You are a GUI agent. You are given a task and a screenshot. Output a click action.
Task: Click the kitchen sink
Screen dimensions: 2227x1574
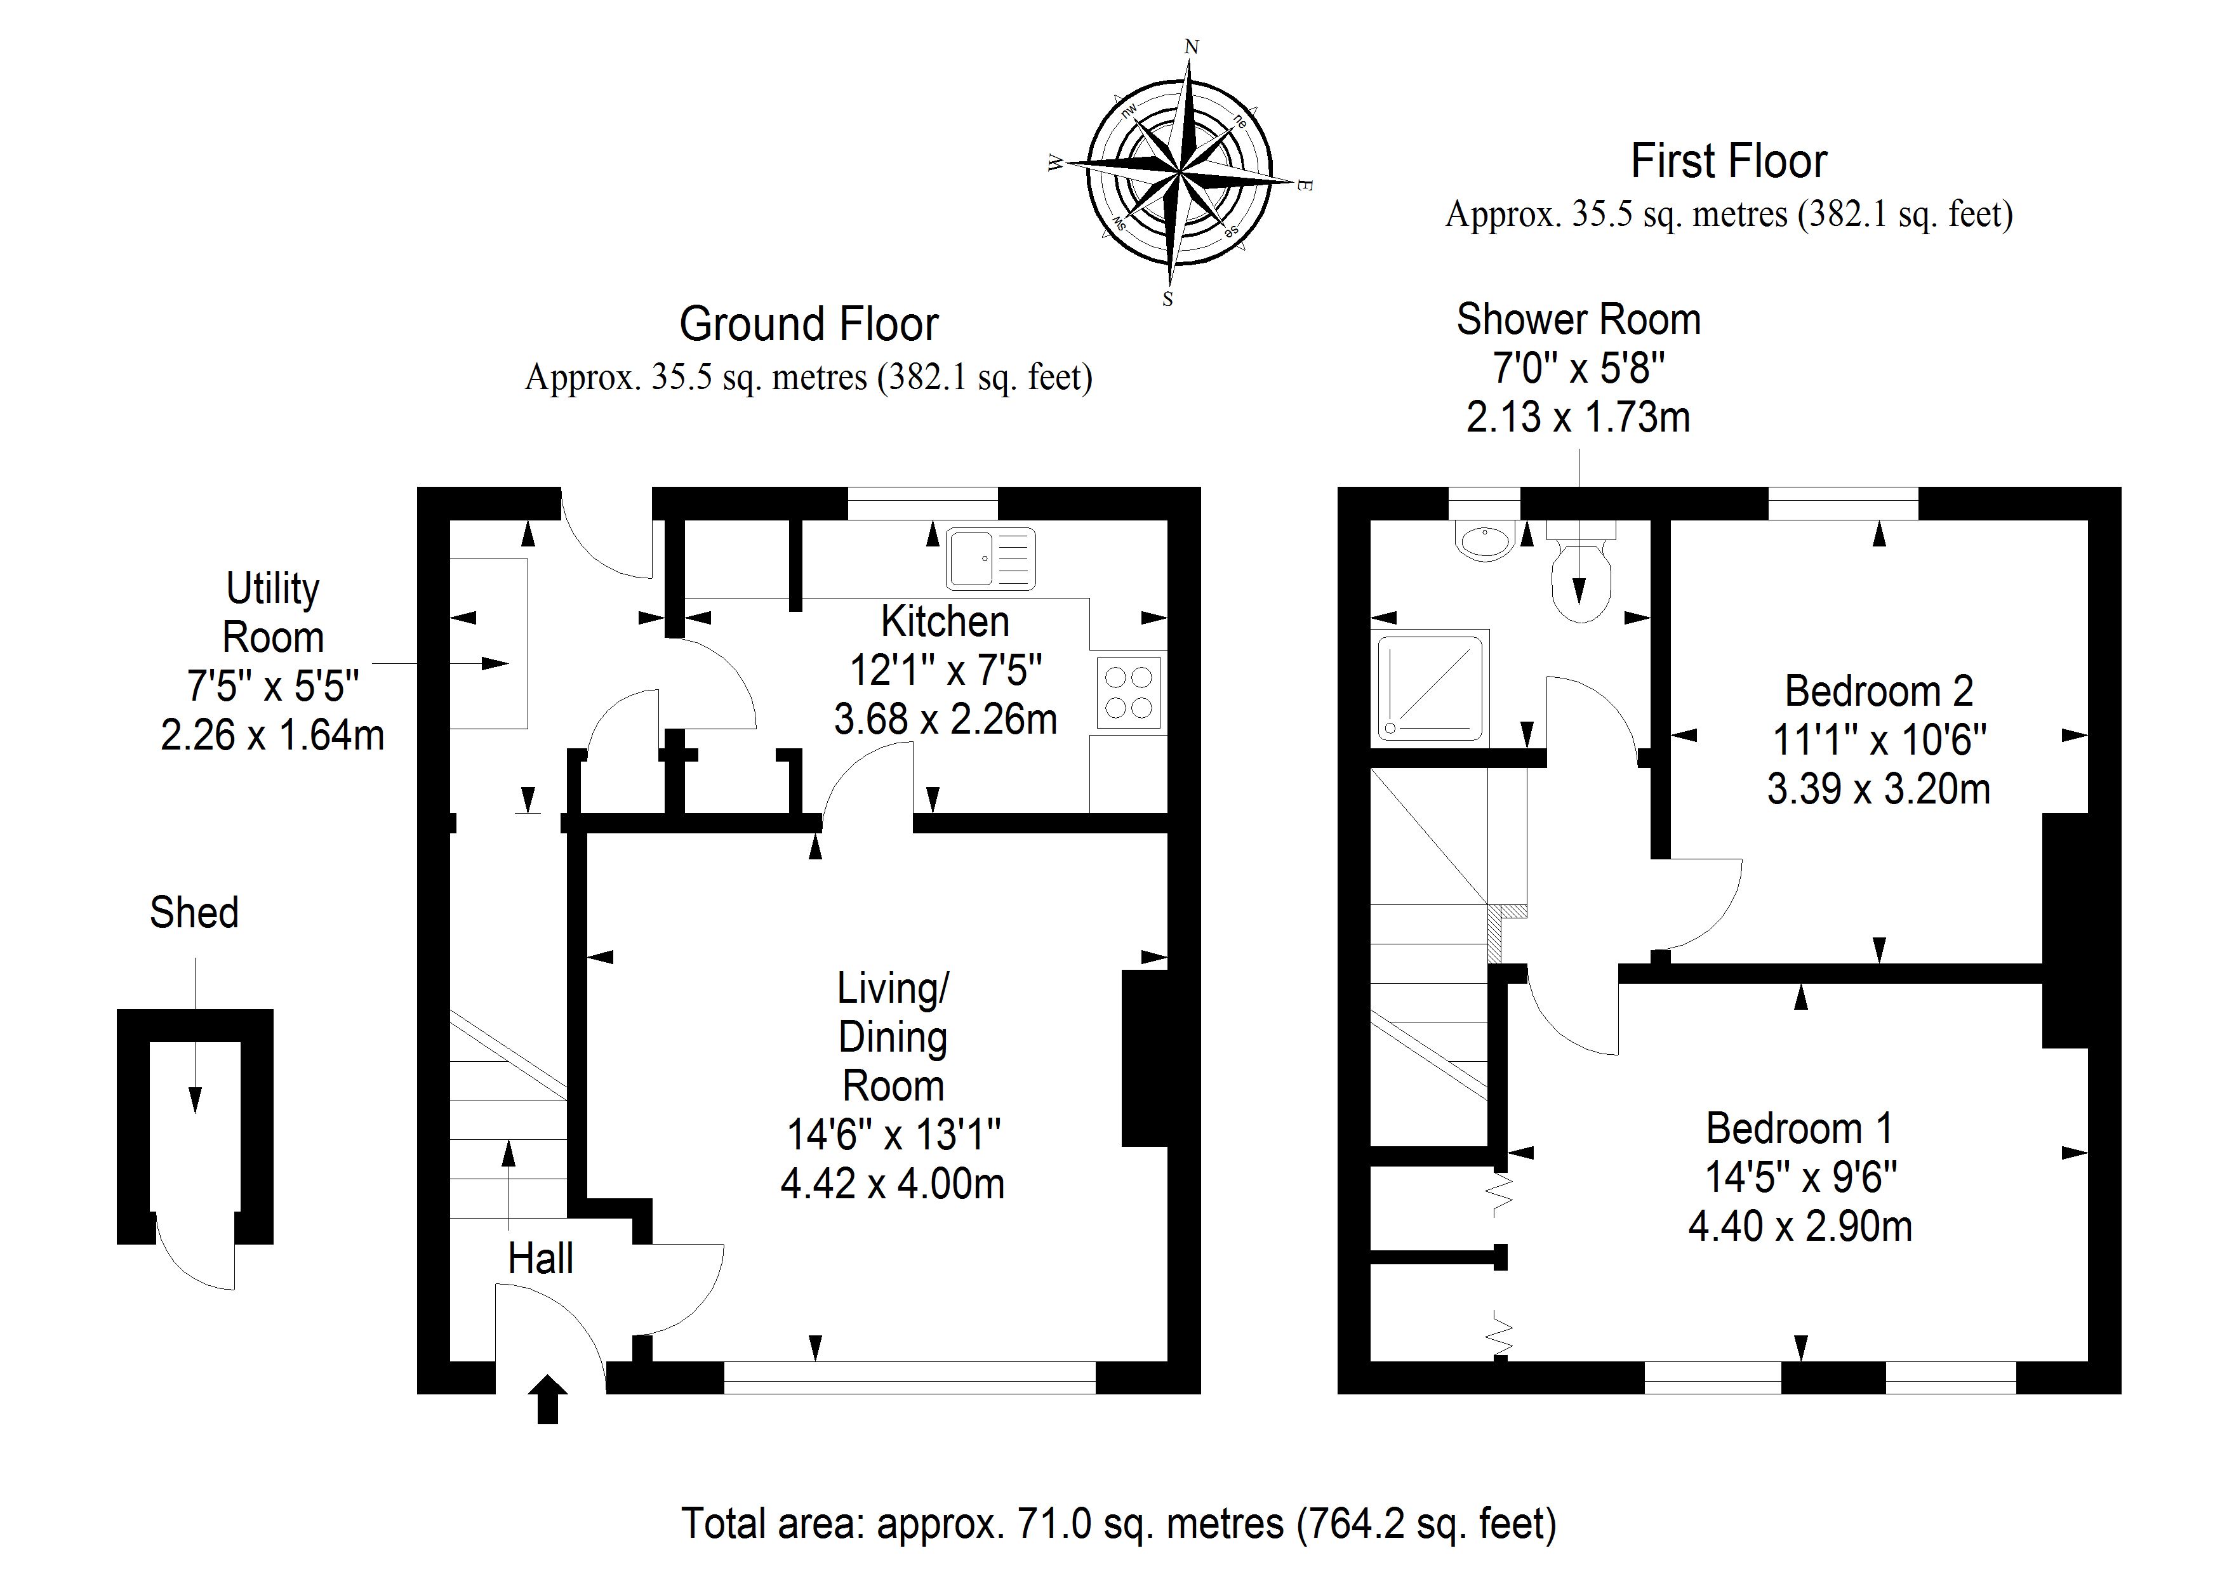click(991, 558)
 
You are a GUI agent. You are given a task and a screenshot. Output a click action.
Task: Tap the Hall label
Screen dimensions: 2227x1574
click(540, 1259)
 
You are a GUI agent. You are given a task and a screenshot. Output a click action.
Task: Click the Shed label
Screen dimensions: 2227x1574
click(194, 913)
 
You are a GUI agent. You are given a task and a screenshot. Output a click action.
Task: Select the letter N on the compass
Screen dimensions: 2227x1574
click(1192, 46)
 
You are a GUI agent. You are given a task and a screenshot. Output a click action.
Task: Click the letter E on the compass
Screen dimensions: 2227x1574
click(1305, 185)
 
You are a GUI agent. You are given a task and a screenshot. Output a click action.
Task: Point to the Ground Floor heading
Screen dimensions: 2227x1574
click(809, 324)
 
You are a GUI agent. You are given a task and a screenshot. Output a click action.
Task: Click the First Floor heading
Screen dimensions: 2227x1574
click(1729, 161)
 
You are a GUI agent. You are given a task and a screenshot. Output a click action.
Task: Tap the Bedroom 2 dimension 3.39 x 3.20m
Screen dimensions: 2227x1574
click(1878, 790)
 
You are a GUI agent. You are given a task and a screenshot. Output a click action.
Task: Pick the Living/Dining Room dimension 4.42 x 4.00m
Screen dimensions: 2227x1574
click(893, 1184)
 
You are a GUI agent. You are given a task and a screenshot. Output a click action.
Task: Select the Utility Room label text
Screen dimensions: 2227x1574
click(272, 613)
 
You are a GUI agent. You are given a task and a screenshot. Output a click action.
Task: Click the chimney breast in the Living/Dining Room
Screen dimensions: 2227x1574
click(1145, 1058)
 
